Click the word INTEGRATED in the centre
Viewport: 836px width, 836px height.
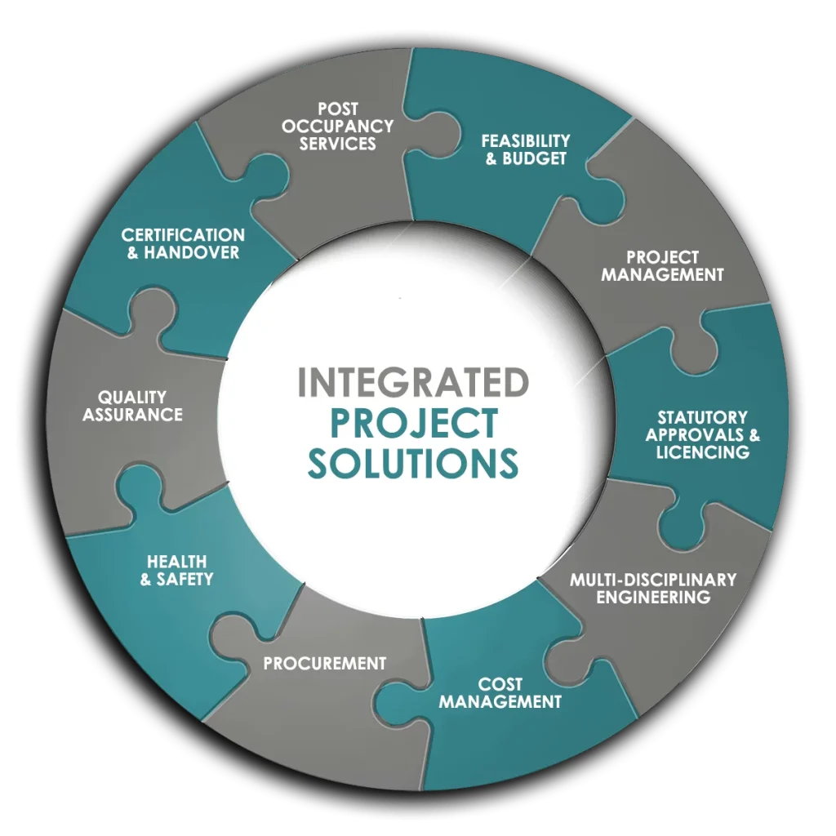click(413, 383)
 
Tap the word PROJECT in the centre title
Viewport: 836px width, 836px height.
click(413, 423)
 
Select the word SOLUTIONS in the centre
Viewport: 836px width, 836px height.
click(413, 462)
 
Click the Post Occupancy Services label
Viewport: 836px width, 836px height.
click(338, 127)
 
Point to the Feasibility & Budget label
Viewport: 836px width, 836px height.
click(526, 149)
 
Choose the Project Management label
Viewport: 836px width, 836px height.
click(662, 266)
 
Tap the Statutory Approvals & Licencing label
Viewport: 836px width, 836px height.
click(702, 434)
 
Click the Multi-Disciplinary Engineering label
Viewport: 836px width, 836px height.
click(653, 588)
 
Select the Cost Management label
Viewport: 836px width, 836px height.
click(500, 692)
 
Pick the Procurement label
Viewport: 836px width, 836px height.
click(324, 663)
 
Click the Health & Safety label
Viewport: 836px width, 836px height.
click(176, 570)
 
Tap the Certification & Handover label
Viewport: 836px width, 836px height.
click(183, 243)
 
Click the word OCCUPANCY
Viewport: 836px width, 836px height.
click(338, 127)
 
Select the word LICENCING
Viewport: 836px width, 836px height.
click(702, 451)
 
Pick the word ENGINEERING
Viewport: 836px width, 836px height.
click(653, 597)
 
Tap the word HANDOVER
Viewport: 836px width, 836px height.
click(192, 252)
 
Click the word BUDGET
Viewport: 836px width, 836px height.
click(535, 158)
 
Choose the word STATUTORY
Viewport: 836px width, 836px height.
click(702, 417)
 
